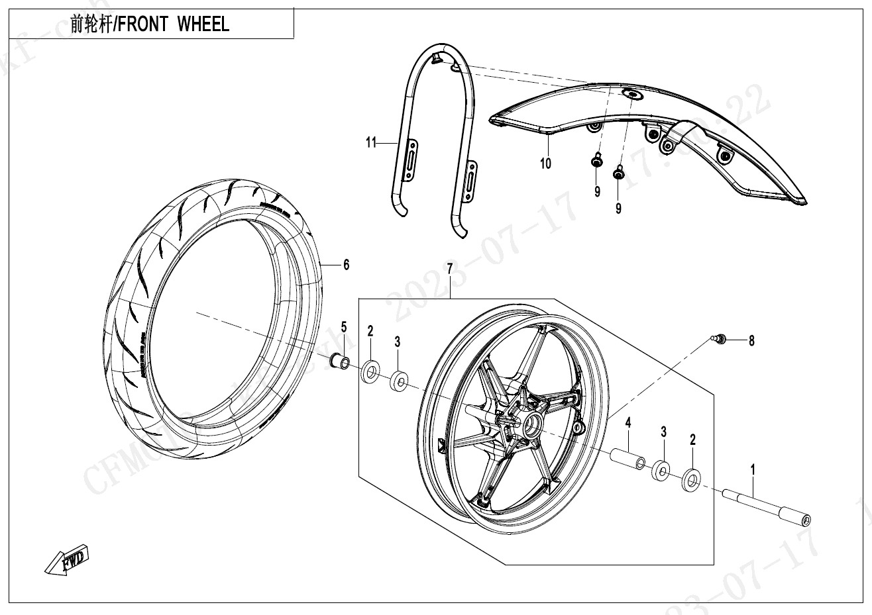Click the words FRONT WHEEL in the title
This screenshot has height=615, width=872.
click(x=174, y=24)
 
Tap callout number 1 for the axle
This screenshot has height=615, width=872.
click(x=752, y=469)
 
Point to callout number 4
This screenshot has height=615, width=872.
click(x=627, y=421)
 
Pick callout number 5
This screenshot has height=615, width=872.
click(x=344, y=326)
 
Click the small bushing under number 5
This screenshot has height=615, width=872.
click(x=340, y=363)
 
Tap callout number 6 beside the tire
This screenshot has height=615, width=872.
click(x=346, y=265)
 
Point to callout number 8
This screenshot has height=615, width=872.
click(x=751, y=341)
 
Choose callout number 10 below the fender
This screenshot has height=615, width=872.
click(x=545, y=163)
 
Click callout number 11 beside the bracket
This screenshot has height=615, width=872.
click(x=371, y=142)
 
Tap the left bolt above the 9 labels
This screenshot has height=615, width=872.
click(x=597, y=161)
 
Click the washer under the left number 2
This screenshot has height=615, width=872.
click(x=370, y=371)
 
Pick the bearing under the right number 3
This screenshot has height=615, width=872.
click(x=662, y=471)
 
